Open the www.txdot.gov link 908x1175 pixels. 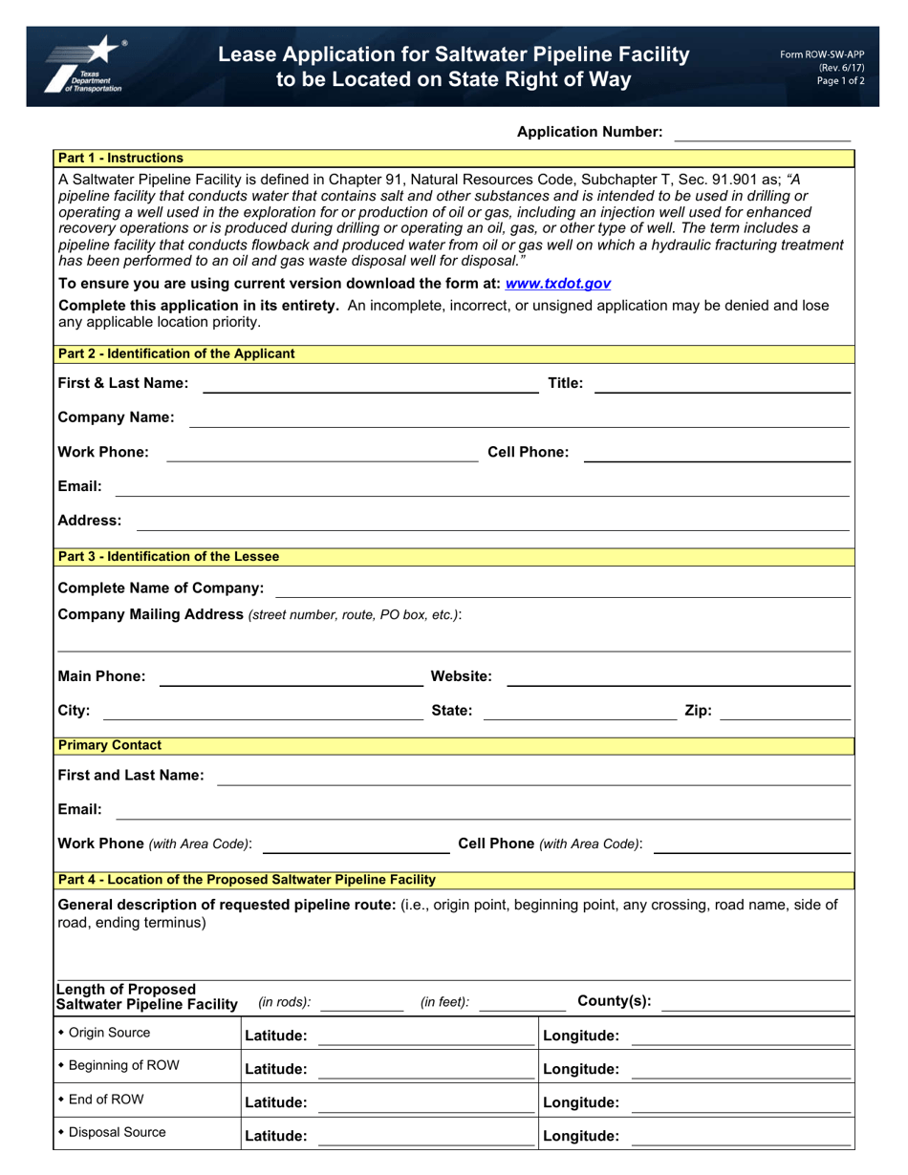click(x=558, y=284)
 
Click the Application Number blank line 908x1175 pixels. click(x=762, y=133)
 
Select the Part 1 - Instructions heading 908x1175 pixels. click(x=120, y=158)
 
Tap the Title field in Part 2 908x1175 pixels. click(x=722, y=384)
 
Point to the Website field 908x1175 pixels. click(x=678, y=676)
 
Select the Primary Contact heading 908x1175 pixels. click(x=110, y=745)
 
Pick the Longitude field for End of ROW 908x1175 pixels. click(x=742, y=1102)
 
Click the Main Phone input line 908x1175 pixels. click(x=289, y=676)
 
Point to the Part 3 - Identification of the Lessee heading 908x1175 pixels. click(x=169, y=556)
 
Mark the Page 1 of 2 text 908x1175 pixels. click(x=840, y=81)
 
